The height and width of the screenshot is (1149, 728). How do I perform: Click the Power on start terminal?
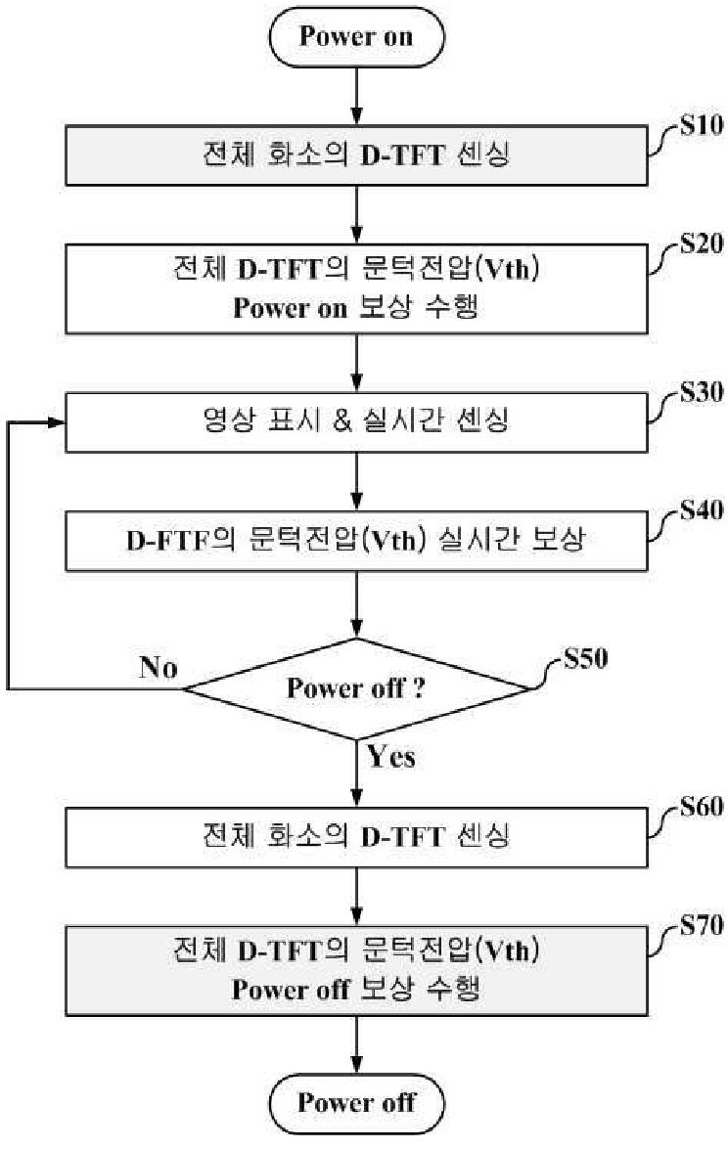[356, 37]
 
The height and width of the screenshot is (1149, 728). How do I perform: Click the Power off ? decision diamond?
[356, 687]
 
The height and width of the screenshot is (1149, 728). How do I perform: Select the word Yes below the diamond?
[391, 756]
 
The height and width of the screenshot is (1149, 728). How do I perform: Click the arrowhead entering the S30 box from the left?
[56, 422]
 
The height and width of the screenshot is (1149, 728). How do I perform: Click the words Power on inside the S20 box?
[290, 307]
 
